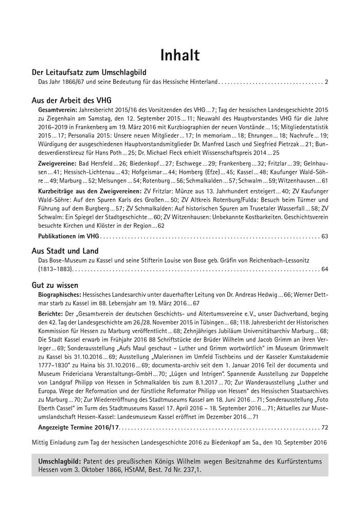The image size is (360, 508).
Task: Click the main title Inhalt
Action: coord(179,54)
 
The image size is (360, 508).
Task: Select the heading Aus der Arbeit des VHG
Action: coord(71,100)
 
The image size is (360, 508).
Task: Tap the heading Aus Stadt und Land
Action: coord(65,251)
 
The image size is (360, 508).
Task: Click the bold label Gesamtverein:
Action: coord(58,110)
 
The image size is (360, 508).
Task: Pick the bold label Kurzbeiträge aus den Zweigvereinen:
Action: coord(91,191)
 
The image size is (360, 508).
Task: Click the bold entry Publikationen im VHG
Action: coord(68,237)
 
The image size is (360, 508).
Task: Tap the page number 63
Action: coord(324,237)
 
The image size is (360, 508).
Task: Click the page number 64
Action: coord(324,269)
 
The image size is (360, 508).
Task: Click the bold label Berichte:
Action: coord(51,313)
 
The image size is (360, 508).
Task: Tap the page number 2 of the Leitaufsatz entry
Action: coord(326,82)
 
